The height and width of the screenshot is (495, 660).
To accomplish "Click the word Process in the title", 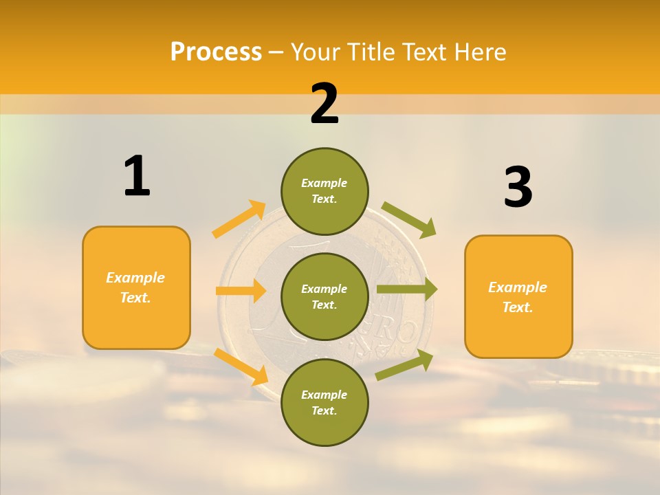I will [216, 52].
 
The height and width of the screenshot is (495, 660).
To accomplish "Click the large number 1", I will [137, 176].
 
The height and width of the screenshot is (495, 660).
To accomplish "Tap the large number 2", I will [324, 104].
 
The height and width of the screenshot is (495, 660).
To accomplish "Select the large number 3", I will [518, 187].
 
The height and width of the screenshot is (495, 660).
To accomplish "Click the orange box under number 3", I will [518, 330].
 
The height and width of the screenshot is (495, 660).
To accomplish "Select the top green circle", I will [324, 190].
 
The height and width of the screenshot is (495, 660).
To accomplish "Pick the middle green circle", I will [324, 296].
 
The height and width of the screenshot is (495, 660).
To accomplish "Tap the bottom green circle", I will [324, 402].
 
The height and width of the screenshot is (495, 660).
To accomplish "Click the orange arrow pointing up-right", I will [239, 219].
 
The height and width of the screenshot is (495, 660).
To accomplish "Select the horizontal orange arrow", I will [240, 291].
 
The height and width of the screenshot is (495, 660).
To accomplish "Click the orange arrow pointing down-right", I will [241, 366].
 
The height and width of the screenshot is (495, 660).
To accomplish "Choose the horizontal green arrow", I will [406, 289].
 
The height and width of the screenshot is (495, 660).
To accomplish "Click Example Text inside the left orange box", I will [135, 287].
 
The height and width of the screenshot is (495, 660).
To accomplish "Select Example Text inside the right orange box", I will [518, 297].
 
